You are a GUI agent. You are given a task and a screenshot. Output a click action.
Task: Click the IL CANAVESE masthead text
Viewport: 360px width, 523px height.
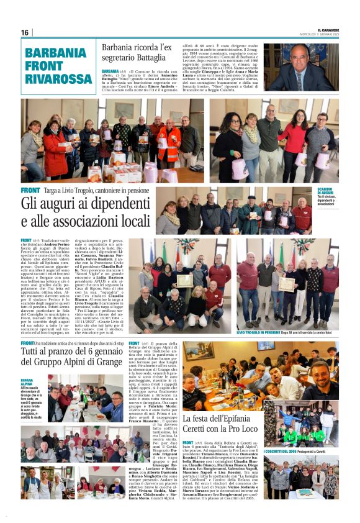[x=325, y=29]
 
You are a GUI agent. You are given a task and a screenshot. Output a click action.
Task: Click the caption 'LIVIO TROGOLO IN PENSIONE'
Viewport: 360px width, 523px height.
[x=260, y=333]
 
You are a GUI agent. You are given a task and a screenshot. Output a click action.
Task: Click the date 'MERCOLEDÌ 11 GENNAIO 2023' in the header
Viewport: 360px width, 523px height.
[x=324, y=34]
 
